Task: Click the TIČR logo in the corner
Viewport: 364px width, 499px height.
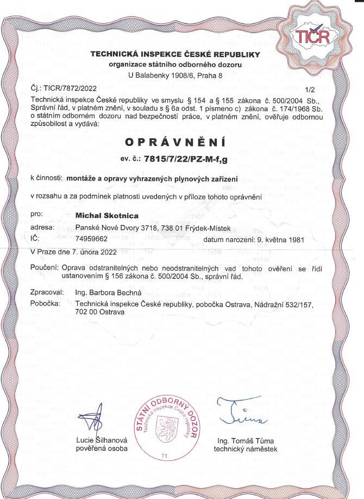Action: pyautogui.click(x=311, y=34)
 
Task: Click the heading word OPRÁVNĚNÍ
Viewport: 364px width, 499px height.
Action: pyautogui.click(x=175, y=142)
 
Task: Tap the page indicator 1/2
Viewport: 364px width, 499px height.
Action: pyautogui.click(x=310, y=88)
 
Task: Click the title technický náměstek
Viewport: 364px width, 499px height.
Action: pyautogui.click(x=246, y=449)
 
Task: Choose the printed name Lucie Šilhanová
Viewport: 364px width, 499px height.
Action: pyautogui.click(x=102, y=440)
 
